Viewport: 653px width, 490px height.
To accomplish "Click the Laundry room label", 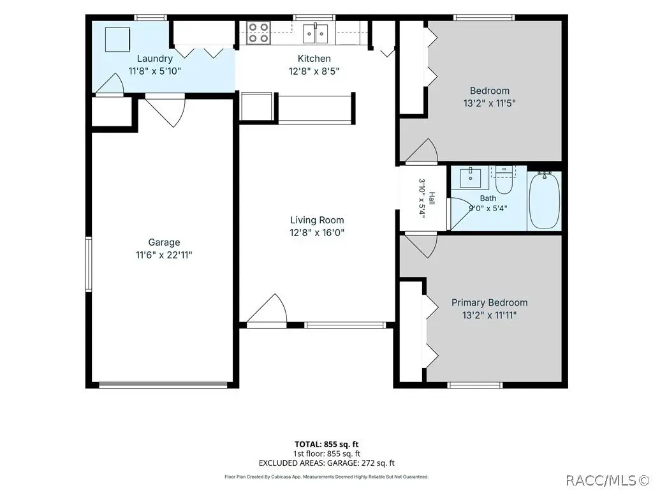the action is click(x=155, y=58).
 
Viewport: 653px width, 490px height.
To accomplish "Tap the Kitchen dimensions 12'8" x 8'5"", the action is click(x=314, y=71).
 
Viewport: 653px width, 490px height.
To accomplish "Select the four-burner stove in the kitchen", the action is click(x=259, y=33).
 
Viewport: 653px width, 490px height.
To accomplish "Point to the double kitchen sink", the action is click(x=315, y=33).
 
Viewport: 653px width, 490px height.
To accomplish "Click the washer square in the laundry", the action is click(x=117, y=39).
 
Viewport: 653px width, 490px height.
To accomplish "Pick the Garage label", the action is click(x=164, y=242).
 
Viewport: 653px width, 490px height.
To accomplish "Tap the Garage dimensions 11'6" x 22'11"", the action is click(x=164, y=255).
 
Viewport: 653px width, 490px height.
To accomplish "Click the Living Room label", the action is click(x=317, y=219).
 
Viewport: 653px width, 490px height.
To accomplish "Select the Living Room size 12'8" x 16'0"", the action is click(x=317, y=232).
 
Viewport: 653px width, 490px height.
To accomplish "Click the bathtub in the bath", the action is click(x=544, y=200).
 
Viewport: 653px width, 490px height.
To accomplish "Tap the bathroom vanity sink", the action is click(x=471, y=179).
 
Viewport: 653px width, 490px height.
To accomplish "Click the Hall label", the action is click(x=432, y=198).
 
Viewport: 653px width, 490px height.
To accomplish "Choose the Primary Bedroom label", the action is click(x=489, y=302).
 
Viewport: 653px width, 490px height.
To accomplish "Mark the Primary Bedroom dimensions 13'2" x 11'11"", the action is click(x=489, y=315).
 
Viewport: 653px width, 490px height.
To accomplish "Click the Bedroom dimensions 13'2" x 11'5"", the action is click(x=489, y=103).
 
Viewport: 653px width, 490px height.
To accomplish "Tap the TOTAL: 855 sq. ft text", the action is click(x=326, y=444).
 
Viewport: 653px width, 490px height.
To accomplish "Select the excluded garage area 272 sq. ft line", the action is click(x=326, y=463).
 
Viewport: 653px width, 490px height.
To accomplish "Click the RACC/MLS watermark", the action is click(x=609, y=480).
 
